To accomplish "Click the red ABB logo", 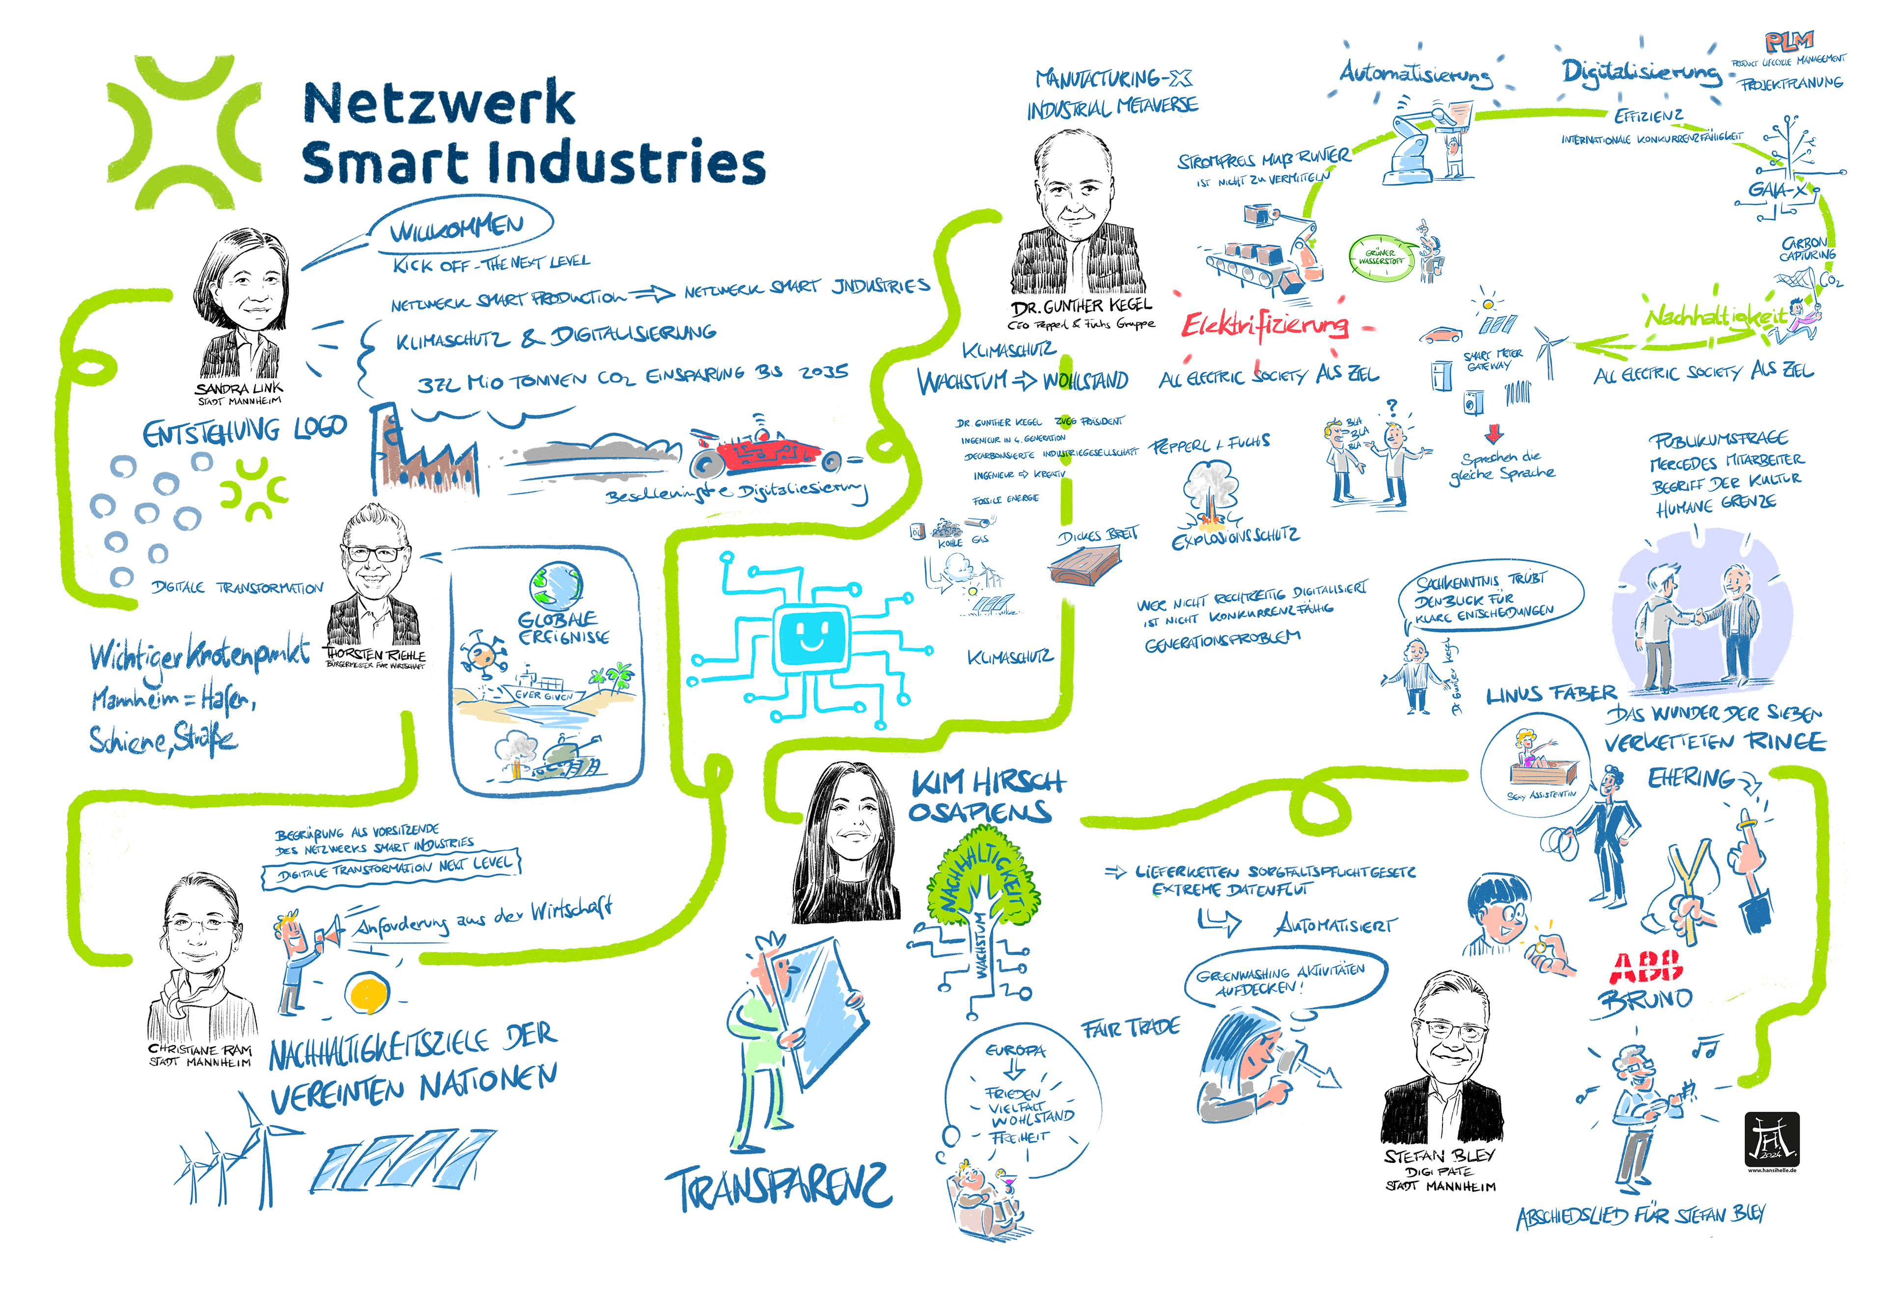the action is pyautogui.click(x=1646, y=966).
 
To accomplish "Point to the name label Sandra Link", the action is pyautogui.click(x=239, y=389).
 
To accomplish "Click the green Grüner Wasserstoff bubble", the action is pyautogui.click(x=1381, y=257).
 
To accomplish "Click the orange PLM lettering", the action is pyautogui.click(x=1789, y=41).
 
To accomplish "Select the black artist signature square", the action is pyautogui.click(x=1772, y=1140).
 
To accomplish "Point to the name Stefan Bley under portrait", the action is pyautogui.click(x=1439, y=1156).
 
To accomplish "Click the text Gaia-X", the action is pyautogui.click(x=1777, y=190).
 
